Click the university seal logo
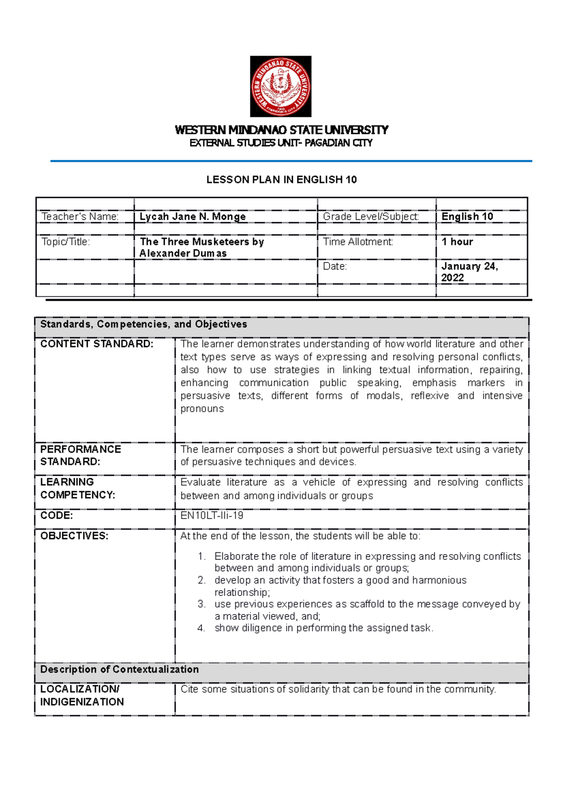pos(281,87)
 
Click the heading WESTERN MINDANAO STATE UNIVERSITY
pos(281,130)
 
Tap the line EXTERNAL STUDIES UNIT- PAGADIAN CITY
pos(281,143)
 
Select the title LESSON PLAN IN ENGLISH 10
pos(281,180)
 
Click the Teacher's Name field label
pos(80,217)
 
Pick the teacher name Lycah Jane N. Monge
pos(193,217)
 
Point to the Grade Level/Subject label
pos(371,217)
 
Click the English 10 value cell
pos(467,217)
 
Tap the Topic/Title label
pos(66,242)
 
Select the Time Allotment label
pos(358,242)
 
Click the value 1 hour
pos(457,242)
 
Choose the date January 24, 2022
pos(469,272)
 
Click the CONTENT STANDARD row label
pos(97,344)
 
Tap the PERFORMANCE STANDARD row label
pos(81,455)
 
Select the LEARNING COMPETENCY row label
pos(77,488)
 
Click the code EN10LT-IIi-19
pos(212,516)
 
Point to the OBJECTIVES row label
pos(74,536)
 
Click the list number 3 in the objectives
pos(201,604)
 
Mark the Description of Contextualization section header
pos(120,669)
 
